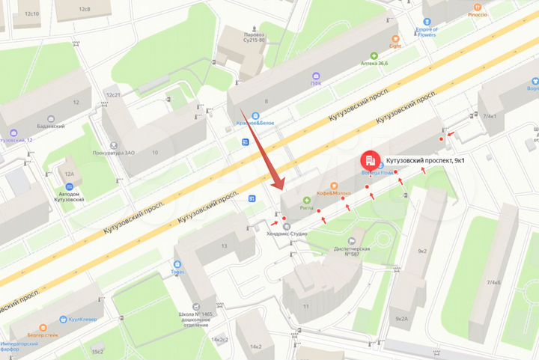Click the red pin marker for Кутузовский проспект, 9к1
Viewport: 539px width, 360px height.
[x=370, y=159]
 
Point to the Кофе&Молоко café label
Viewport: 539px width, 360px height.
[x=334, y=194]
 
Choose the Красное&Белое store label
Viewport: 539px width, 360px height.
[x=258, y=123]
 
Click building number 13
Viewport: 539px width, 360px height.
[x=223, y=246]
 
